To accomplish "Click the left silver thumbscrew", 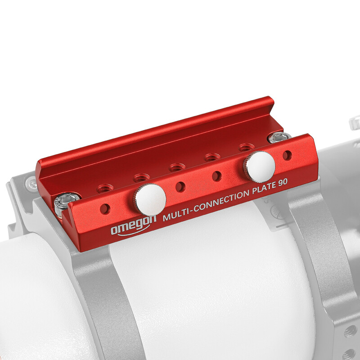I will [150, 198].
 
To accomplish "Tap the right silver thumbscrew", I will [261, 166].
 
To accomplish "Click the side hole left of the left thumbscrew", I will [105, 208].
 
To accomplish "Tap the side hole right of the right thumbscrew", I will [287, 155].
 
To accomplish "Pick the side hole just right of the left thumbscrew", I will [180, 186].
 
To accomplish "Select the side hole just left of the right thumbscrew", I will [217, 176].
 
